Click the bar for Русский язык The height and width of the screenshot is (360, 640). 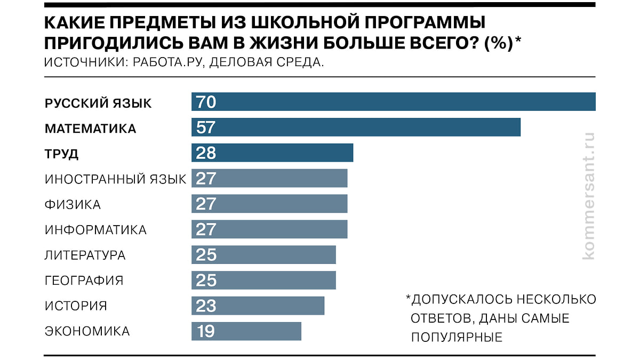393,101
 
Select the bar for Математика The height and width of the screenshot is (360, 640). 356,127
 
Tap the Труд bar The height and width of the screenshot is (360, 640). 272,153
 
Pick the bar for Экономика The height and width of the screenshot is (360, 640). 246,331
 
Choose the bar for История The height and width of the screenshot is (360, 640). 258,306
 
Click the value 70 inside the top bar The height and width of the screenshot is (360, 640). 206,101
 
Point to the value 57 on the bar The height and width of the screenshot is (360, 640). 206,127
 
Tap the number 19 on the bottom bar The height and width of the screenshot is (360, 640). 205,331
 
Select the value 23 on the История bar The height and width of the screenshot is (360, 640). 206,306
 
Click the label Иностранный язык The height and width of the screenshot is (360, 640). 115,179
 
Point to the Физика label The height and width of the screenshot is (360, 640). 73,204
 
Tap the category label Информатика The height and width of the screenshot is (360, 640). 95,230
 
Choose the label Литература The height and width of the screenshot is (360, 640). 85,255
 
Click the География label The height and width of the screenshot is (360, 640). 84,281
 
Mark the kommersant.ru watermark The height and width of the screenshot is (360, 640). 588,196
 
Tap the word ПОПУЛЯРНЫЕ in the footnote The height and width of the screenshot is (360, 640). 457,337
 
